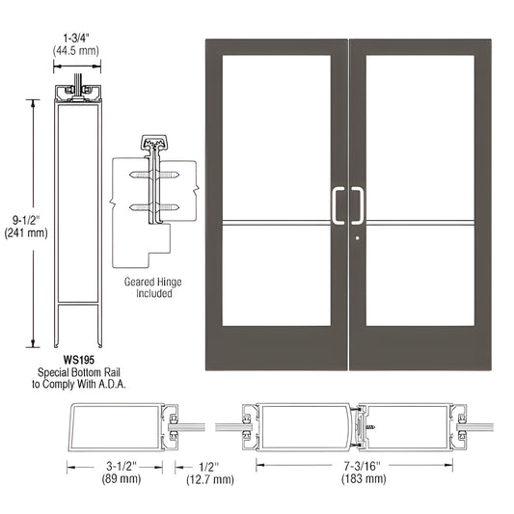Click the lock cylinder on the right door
(x=357, y=239)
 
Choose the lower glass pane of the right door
(x=419, y=275)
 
